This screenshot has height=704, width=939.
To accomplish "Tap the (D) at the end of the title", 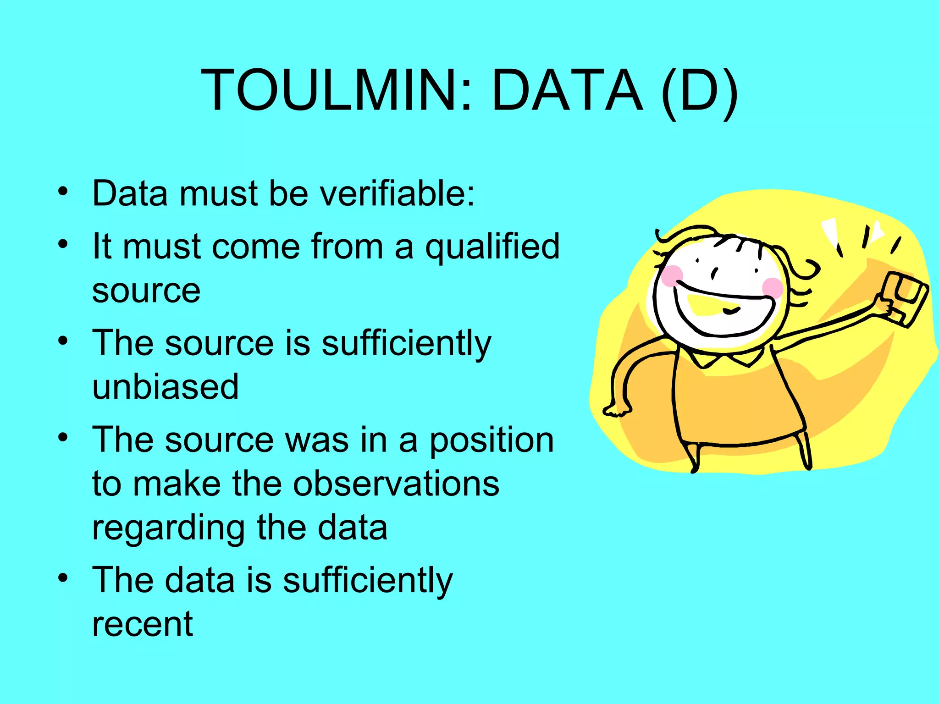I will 700,91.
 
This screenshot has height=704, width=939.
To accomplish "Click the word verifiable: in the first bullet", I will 397,193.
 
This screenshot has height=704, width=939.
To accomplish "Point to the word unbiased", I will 166,386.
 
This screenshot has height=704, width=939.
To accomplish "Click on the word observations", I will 396,484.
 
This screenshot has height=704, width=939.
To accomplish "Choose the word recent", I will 143,624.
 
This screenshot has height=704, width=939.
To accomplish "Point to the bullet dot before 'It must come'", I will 63,244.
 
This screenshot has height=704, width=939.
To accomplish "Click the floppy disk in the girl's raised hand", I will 905,298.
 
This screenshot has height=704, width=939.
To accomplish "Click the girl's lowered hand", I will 617,409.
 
